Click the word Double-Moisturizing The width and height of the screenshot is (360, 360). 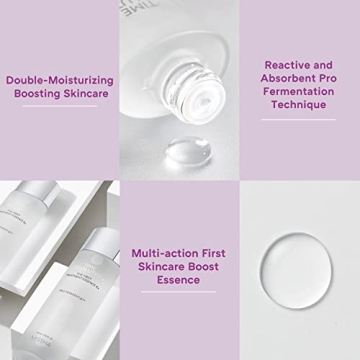[59, 79]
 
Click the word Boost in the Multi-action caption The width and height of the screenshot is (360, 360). [207, 267]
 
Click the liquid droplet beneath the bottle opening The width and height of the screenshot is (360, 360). [186, 152]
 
